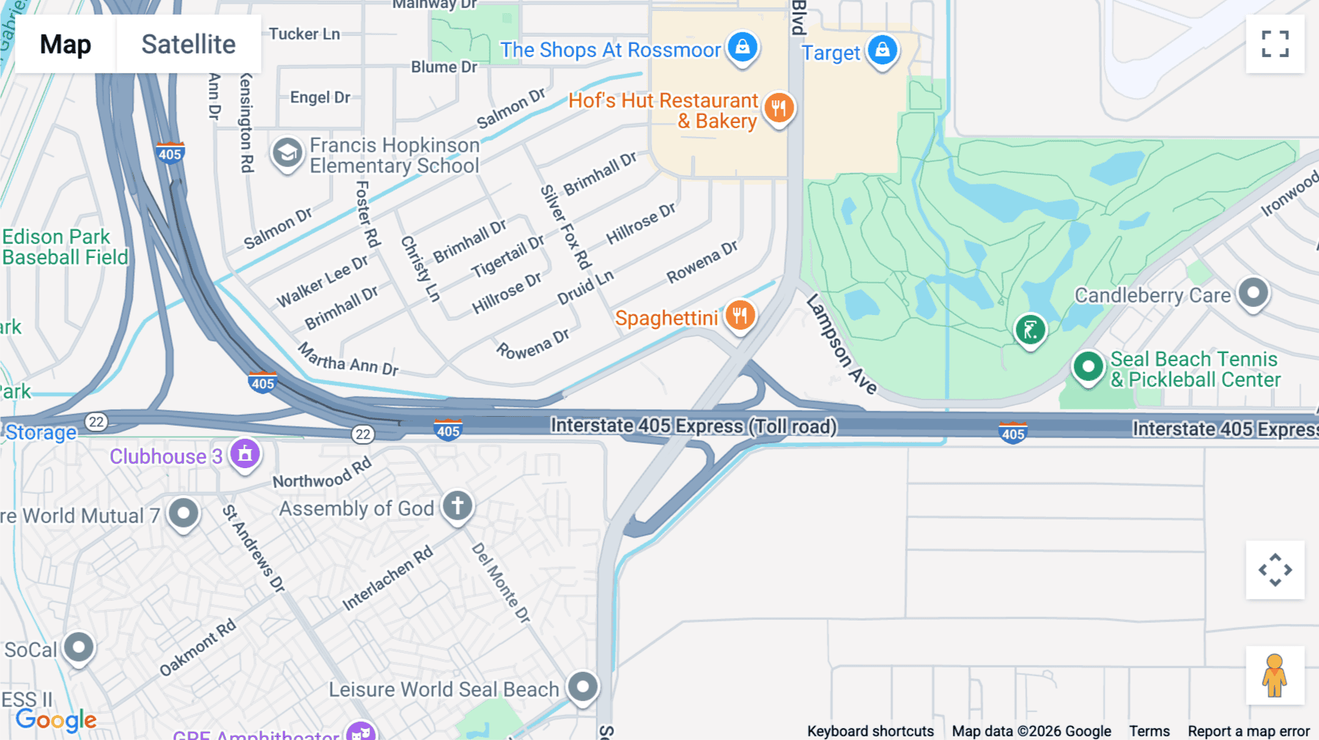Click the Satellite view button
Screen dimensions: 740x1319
click(188, 44)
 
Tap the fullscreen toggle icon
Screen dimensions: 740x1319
click(1275, 44)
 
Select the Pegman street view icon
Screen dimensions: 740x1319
click(1274, 676)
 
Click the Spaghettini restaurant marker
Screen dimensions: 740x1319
click(740, 316)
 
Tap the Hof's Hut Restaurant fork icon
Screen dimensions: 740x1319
click(778, 108)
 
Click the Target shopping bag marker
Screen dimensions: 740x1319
click(882, 50)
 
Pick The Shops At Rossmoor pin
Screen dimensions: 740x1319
click(742, 48)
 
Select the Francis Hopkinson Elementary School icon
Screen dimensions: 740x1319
click(287, 153)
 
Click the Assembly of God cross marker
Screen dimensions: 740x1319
click(458, 506)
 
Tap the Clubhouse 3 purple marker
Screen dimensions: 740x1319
click(245, 454)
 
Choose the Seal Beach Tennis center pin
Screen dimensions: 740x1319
click(1088, 366)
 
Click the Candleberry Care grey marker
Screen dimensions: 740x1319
click(1253, 292)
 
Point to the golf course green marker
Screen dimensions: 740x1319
click(1030, 330)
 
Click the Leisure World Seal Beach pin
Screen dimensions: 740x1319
click(583, 687)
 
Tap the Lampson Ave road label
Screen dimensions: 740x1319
click(840, 344)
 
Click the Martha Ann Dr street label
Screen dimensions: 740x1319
click(348, 360)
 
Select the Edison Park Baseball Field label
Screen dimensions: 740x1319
click(64, 247)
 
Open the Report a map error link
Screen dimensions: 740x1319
click(1248, 731)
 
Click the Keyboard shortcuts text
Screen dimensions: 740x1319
click(870, 731)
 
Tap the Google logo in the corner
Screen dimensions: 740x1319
click(56, 719)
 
